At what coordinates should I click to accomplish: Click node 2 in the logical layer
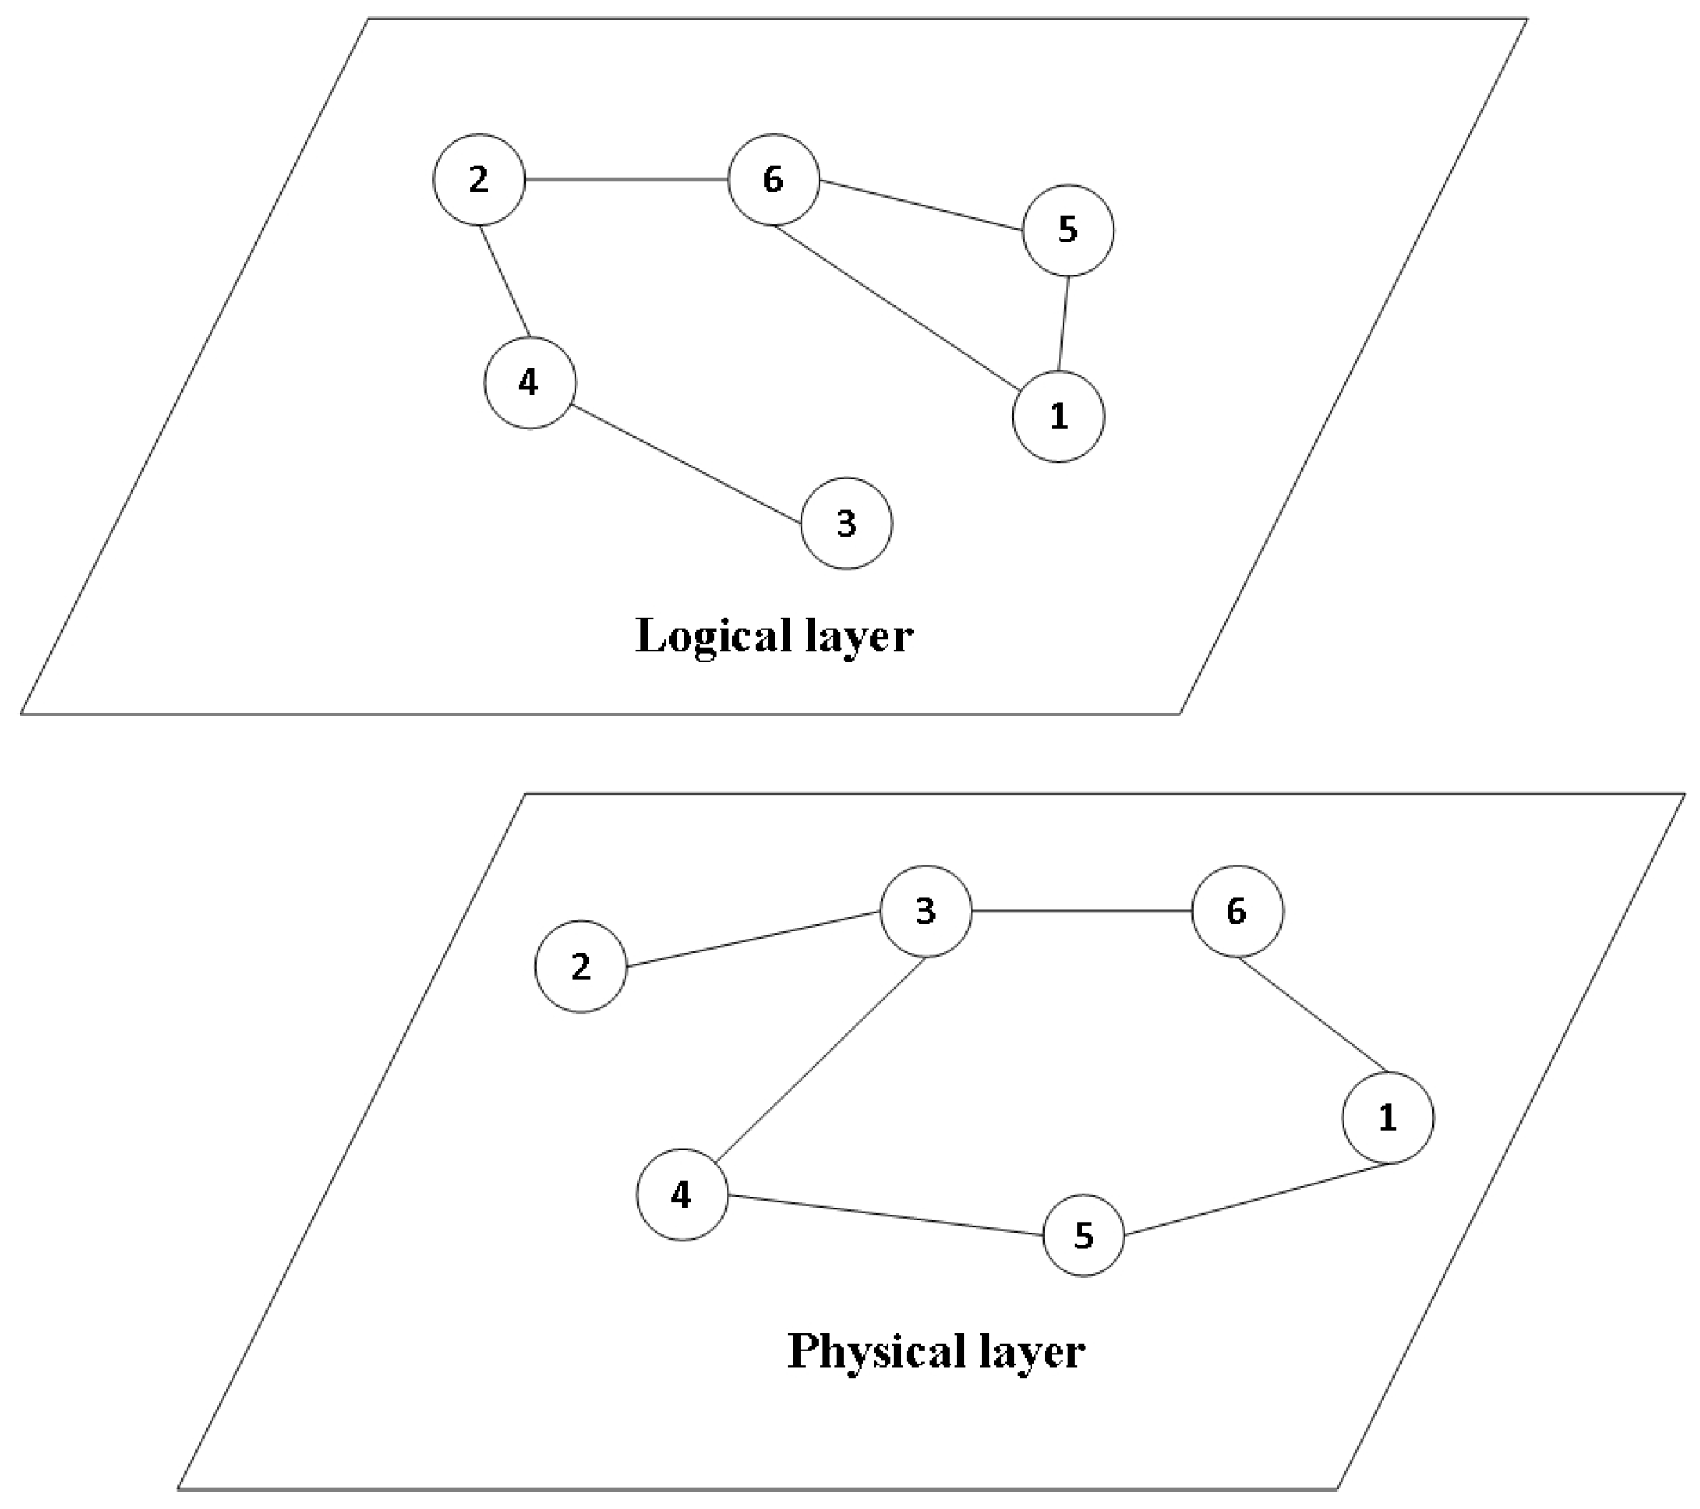[x=479, y=180]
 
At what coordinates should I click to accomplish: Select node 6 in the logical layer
[x=774, y=180]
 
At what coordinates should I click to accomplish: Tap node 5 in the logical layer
[x=1068, y=230]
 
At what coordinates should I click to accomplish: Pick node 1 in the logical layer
[x=1059, y=417]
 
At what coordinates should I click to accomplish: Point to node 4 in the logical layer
[x=530, y=382]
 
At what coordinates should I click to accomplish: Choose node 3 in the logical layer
[x=847, y=523]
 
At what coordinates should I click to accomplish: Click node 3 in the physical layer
[x=925, y=911]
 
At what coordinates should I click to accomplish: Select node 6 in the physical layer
[x=1238, y=911]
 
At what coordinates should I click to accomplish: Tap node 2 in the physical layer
[x=581, y=966]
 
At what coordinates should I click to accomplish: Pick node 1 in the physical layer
[x=1388, y=1117]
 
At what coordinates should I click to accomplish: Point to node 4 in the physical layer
[x=682, y=1195]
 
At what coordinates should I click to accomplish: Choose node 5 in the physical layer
[x=1084, y=1235]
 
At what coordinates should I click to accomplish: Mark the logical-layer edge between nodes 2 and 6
[x=626, y=180]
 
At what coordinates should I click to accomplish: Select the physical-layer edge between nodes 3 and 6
[x=1082, y=911]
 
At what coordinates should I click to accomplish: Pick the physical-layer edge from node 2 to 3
[x=753, y=939]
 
